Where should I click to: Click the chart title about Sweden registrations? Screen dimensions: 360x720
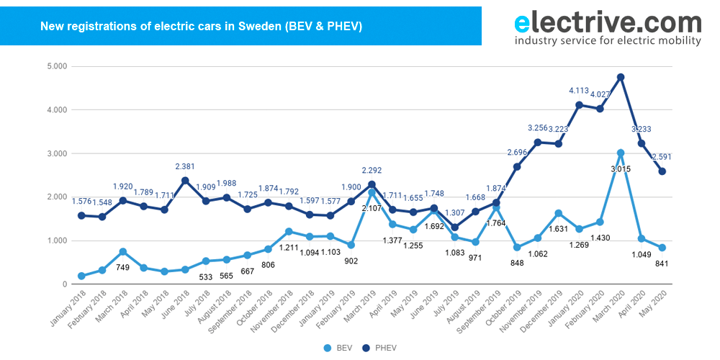(201, 27)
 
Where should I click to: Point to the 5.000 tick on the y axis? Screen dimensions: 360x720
(55, 66)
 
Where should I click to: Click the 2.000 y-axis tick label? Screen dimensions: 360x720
(55, 197)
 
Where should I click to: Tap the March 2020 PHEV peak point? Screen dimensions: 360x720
(620, 77)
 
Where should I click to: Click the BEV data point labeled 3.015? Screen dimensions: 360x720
(620, 153)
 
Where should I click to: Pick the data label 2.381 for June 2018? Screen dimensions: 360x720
(185, 166)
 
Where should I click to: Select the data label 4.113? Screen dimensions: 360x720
(579, 91)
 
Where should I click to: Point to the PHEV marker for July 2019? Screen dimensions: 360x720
(454, 228)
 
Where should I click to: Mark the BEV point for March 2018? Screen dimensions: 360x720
(122, 251)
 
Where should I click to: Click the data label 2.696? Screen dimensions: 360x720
(516, 153)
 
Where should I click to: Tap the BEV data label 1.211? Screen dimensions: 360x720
(288, 248)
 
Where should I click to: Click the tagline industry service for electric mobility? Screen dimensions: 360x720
(607, 41)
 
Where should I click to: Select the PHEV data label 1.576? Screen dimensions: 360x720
(81, 202)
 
